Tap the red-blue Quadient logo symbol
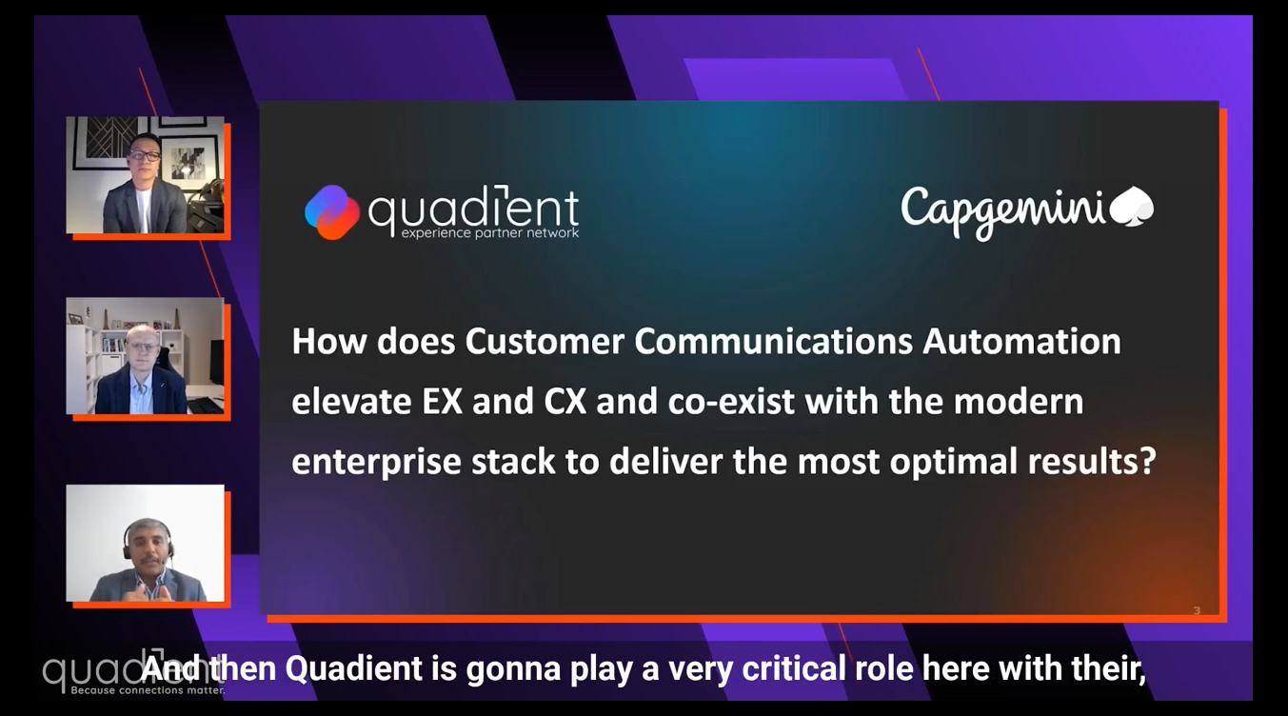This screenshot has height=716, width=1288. (x=331, y=211)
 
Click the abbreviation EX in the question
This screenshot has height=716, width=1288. (x=441, y=402)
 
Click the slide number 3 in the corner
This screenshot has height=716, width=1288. (x=1197, y=610)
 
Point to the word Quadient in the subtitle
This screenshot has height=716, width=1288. (x=353, y=669)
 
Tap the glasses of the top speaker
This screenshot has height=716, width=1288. (x=145, y=155)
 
